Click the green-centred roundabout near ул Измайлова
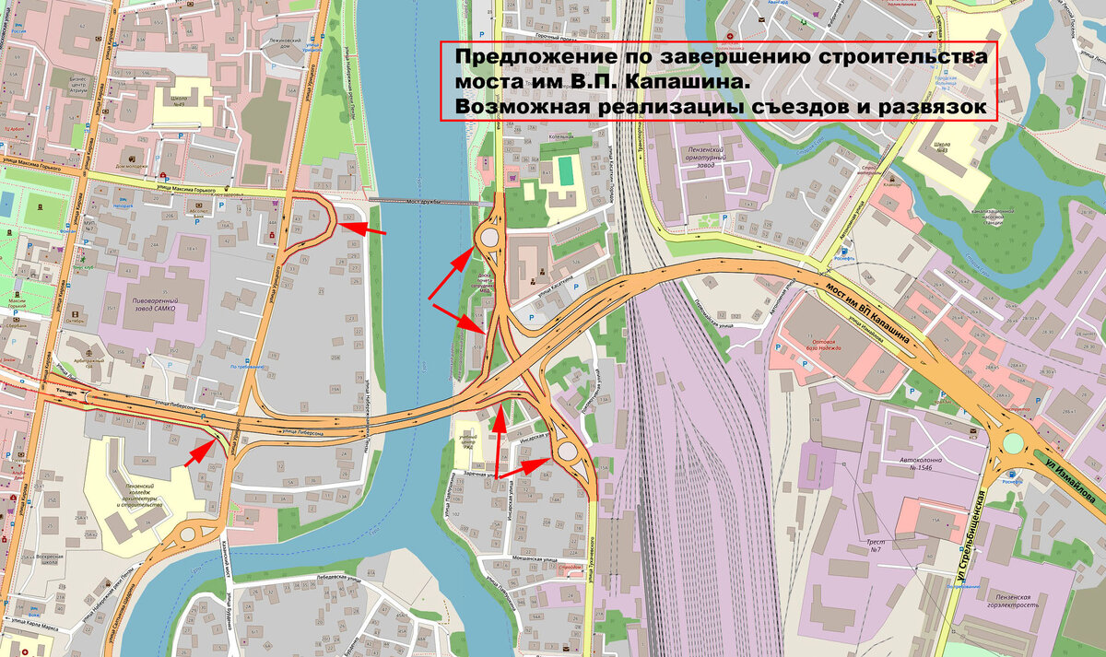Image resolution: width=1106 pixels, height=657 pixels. pos(1014,444)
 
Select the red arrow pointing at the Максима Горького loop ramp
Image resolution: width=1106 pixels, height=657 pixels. pos(365,228)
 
